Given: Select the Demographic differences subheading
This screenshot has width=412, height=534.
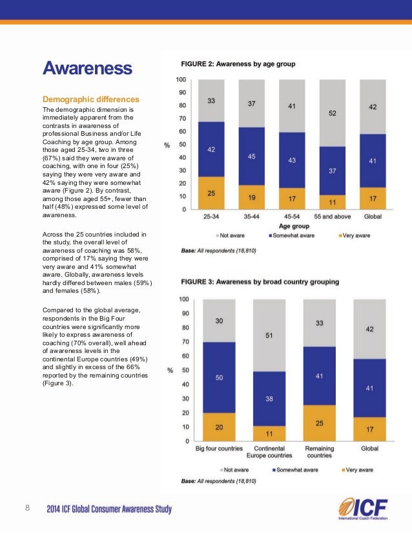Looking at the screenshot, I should [x=90, y=100].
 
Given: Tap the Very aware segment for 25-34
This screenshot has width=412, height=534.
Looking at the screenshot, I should [x=211, y=193].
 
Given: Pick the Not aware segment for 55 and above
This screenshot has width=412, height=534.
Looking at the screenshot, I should [x=332, y=112].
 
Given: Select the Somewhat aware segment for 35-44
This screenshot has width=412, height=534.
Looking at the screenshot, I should [x=251, y=156].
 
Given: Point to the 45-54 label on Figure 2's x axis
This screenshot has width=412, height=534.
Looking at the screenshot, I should [x=291, y=217].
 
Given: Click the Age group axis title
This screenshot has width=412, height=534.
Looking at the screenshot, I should [x=290, y=226].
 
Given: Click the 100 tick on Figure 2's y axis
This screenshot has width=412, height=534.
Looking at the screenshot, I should [x=181, y=80].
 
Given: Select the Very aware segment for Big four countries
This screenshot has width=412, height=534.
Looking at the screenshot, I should [x=219, y=427].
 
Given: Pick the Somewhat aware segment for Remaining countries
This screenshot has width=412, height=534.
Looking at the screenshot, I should [x=319, y=376].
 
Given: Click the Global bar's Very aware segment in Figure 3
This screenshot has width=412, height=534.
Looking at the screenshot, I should [x=369, y=429].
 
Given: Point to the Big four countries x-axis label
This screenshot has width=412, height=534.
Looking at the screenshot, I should [x=219, y=448].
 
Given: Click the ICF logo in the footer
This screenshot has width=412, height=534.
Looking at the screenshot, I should [x=362, y=509].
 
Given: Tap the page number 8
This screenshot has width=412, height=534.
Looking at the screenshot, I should [x=28, y=509].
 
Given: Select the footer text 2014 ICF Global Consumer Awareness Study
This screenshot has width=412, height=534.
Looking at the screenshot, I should [x=109, y=509].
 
